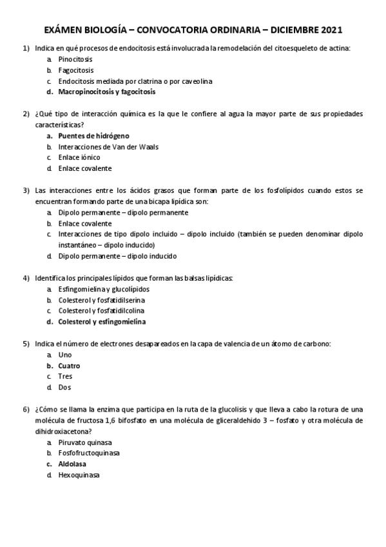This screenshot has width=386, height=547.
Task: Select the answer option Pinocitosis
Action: (75, 59)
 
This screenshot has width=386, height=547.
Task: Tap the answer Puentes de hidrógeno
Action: (93, 136)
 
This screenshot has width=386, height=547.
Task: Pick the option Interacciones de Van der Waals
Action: (108, 147)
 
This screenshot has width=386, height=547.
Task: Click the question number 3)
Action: (26, 190)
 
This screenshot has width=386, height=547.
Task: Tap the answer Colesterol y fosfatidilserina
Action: (101, 300)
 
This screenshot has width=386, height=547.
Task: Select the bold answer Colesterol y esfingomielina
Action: (102, 322)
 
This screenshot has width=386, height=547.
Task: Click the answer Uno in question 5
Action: (65, 355)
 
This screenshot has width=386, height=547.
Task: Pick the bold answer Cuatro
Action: (70, 366)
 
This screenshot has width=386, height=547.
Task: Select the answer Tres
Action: (65, 376)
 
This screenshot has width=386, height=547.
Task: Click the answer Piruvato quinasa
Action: (85, 443)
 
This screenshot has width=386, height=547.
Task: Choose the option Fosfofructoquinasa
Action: (89, 453)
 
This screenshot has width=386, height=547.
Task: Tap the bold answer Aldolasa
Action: (72, 464)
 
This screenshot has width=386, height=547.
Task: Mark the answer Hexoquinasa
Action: (79, 475)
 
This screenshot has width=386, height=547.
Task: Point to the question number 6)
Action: (26, 410)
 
